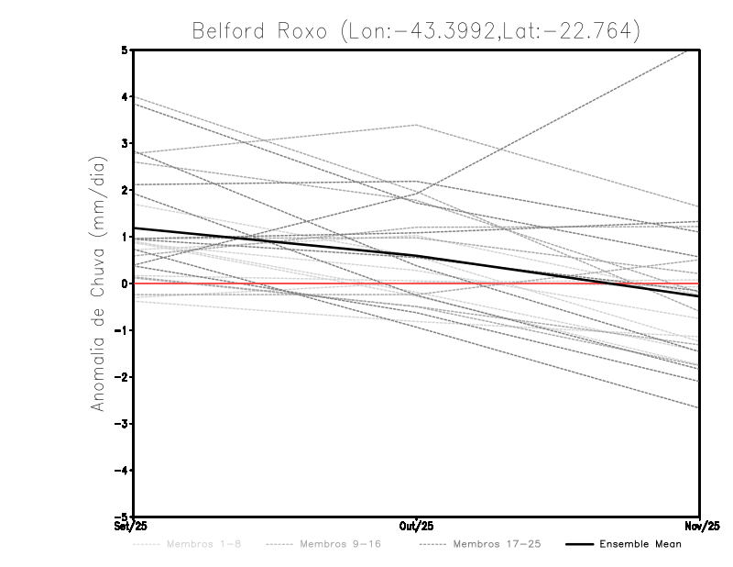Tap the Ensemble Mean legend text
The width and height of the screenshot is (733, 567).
[x=640, y=545]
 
